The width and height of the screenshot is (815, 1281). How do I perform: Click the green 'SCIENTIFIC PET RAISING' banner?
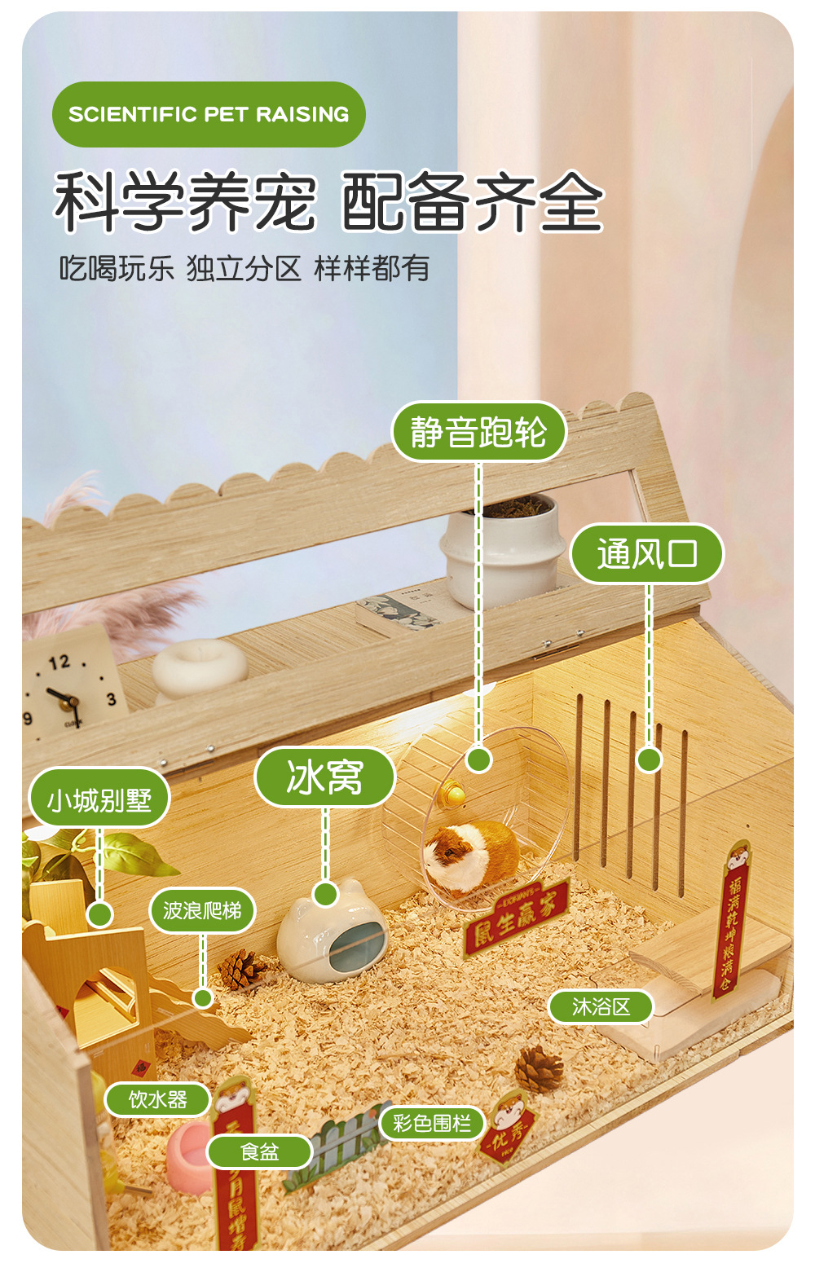(209, 114)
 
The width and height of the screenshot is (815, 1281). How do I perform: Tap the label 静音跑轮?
(478, 432)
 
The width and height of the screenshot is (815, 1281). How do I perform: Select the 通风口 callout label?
(647, 554)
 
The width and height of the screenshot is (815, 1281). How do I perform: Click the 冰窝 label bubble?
(324, 777)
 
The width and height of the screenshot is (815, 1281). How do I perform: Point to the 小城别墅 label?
(99, 799)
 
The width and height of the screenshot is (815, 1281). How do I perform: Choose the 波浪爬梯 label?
(202, 910)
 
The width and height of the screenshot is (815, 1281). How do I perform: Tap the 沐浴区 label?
(601, 1006)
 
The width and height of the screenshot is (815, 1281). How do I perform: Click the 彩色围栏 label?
(432, 1123)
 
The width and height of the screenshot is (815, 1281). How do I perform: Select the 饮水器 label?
(158, 1100)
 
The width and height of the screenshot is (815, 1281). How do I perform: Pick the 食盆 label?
(259, 1151)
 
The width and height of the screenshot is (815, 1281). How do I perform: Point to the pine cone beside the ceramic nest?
(241, 969)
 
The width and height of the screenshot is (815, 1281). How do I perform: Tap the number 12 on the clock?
(59, 663)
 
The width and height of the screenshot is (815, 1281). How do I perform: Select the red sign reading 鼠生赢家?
(515, 913)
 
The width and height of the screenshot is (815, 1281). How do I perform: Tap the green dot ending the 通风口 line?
(649, 759)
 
